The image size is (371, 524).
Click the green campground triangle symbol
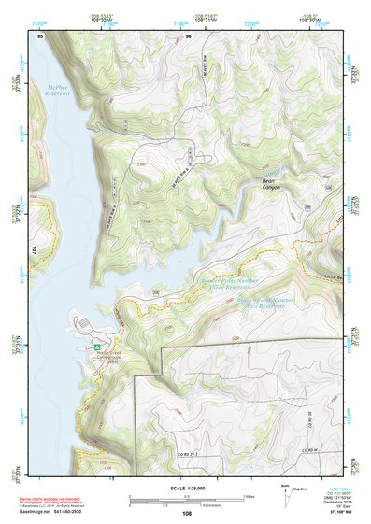click(96, 347)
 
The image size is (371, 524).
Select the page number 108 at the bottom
click(187, 514)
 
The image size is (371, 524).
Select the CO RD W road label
click(314, 450)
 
